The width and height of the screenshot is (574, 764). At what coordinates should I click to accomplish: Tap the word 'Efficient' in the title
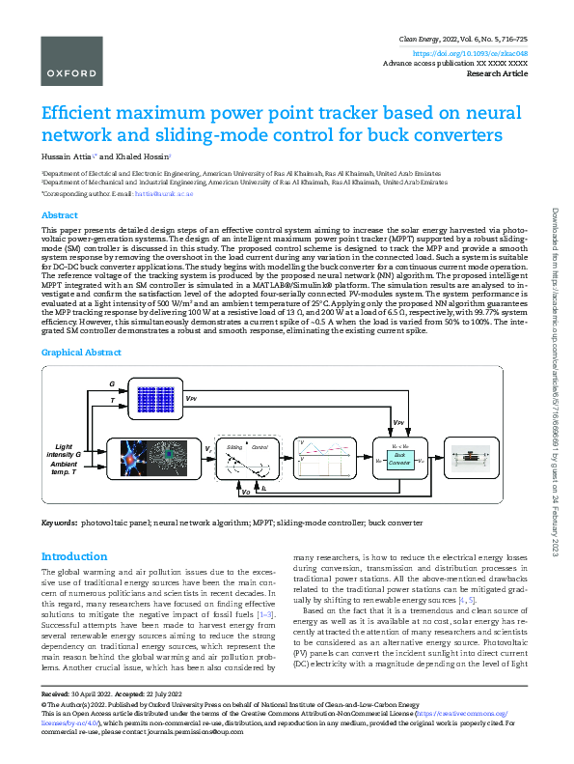pos(84,112)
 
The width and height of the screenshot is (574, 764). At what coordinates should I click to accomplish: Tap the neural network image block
pos(146,454)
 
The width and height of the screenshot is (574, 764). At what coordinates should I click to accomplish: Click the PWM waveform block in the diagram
pos(323,455)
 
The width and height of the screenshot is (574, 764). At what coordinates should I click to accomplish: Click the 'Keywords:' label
pos(58,523)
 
